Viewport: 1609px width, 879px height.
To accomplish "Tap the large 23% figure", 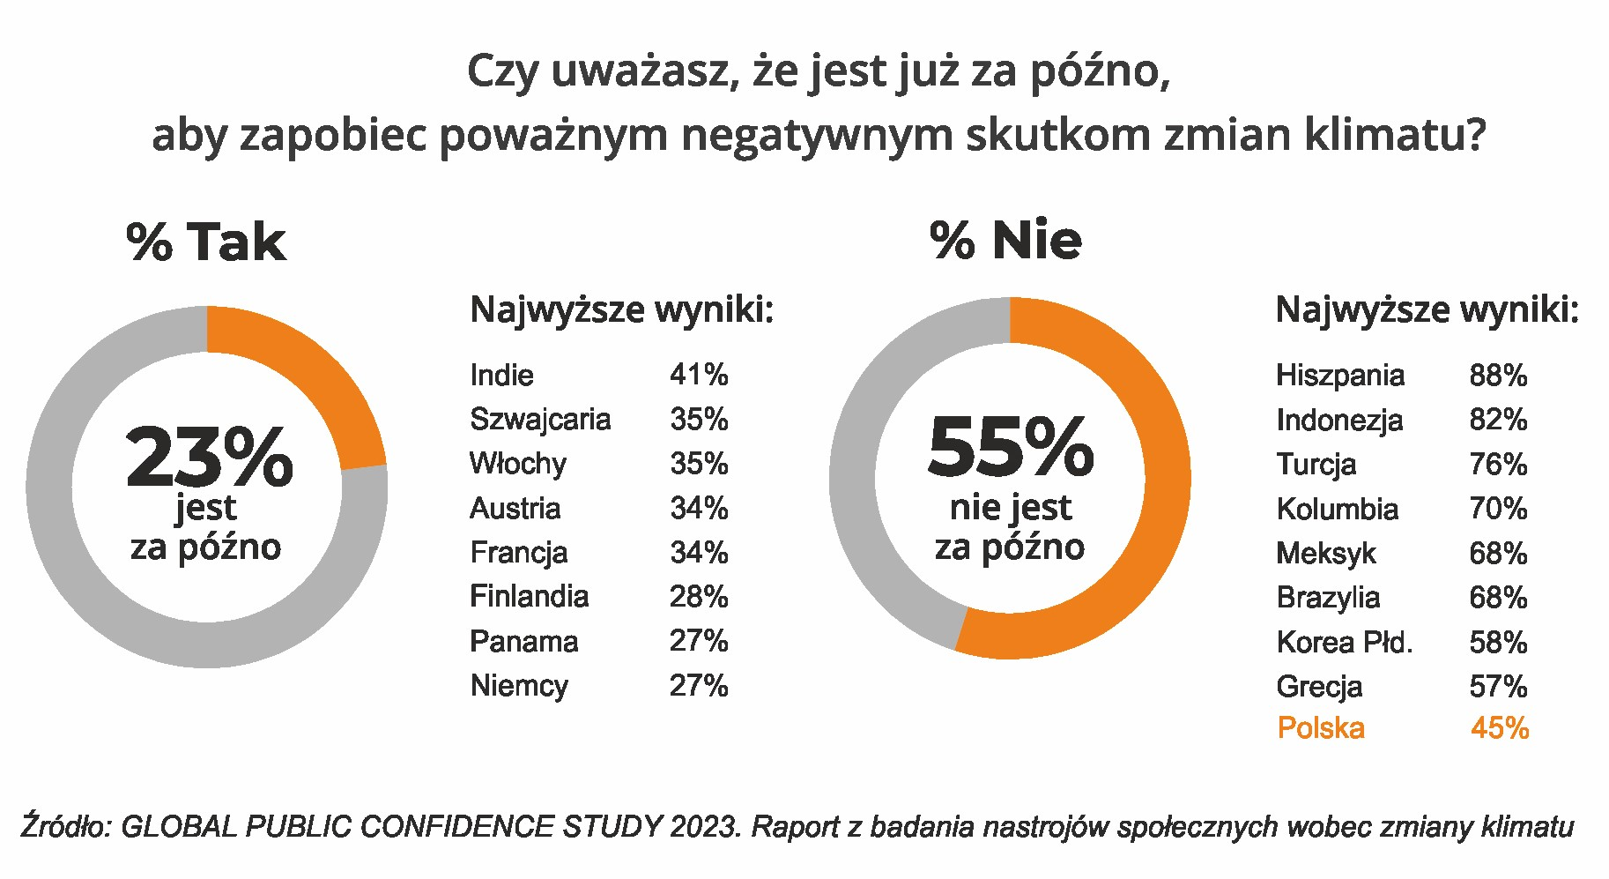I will tap(209, 457).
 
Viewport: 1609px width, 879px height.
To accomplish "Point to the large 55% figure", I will tap(1011, 447).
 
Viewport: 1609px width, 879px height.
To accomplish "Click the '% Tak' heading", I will tap(206, 242).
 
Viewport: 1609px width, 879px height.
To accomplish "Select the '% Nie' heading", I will tap(1005, 240).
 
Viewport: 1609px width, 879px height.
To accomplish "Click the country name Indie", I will tap(501, 375).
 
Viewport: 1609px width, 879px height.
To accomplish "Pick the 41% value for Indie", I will tap(699, 375).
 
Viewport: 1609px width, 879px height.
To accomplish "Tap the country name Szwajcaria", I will tap(539, 419).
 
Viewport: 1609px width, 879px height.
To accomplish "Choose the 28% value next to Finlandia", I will tap(699, 597).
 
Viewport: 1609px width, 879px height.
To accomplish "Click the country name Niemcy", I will tap(519, 686).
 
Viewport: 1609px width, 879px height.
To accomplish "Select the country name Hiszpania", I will tap(1339, 376).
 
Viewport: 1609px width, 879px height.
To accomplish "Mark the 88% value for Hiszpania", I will tap(1498, 376).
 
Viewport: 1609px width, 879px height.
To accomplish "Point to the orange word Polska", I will tap(1321, 728).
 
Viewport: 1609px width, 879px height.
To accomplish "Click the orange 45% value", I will tap(1500, 728).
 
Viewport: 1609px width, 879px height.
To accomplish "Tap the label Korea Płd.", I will tap(1344, 642).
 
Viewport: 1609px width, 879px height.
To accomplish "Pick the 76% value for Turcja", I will tap(1498, 464).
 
